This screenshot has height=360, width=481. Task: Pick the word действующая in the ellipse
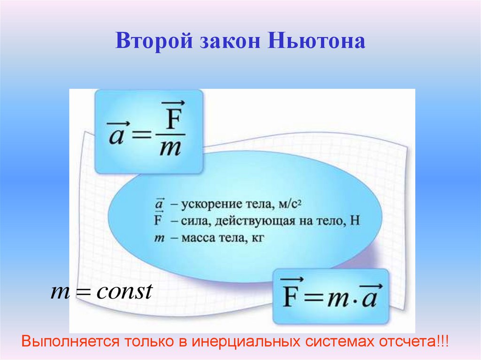[x=263, y=222]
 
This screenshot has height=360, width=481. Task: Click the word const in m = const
[x=124, y=292]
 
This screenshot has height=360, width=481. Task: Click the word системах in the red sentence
[x=339, y=341]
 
